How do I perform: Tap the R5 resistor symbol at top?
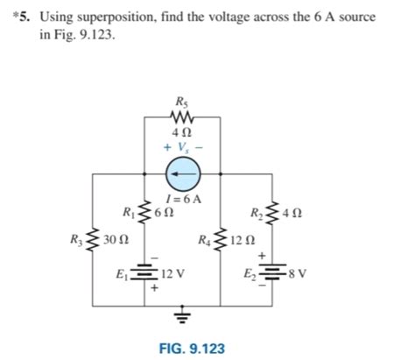tap(182, 116)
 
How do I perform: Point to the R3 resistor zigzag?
tap(94, 240)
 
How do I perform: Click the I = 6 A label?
tap(183, 199)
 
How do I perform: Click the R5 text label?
tap(181, 100)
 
